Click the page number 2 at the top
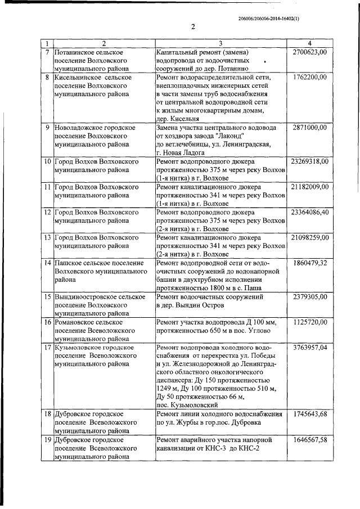pyautogui.click(x=193, y=26)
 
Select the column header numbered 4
pyautogui.click(x=309, y=43)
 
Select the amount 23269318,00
pyautogui.click(x=308, y=161)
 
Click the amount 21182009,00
pyautogui.click(x=308, y=187)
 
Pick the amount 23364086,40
pyautogui.click(x=308, y=213)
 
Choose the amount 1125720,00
pyautogui.click(x=310, y=322)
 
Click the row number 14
pyautogui.click(x=48, y=263)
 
